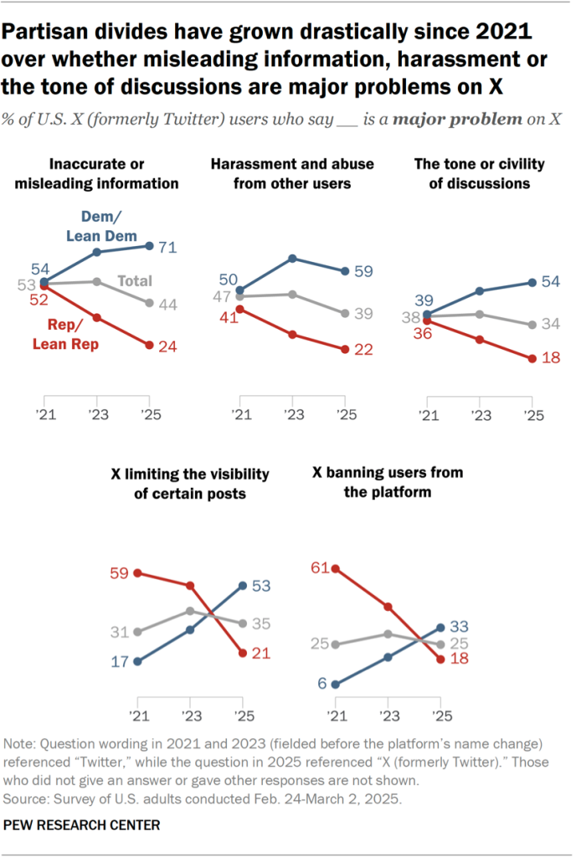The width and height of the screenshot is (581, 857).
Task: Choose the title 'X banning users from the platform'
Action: pyautogui.click(x=388, y=482)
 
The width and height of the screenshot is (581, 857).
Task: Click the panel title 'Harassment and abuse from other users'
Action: pyautogui.click(x=291, y=173)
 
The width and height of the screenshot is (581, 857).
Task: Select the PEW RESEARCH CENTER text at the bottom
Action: pyautogui.click(x=82, y=825)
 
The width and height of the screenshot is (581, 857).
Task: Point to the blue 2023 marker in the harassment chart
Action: pyautogui.click(x=291, y=258)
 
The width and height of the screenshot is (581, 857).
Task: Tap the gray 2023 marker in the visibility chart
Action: pyautogui.click(x=190, y=611)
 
